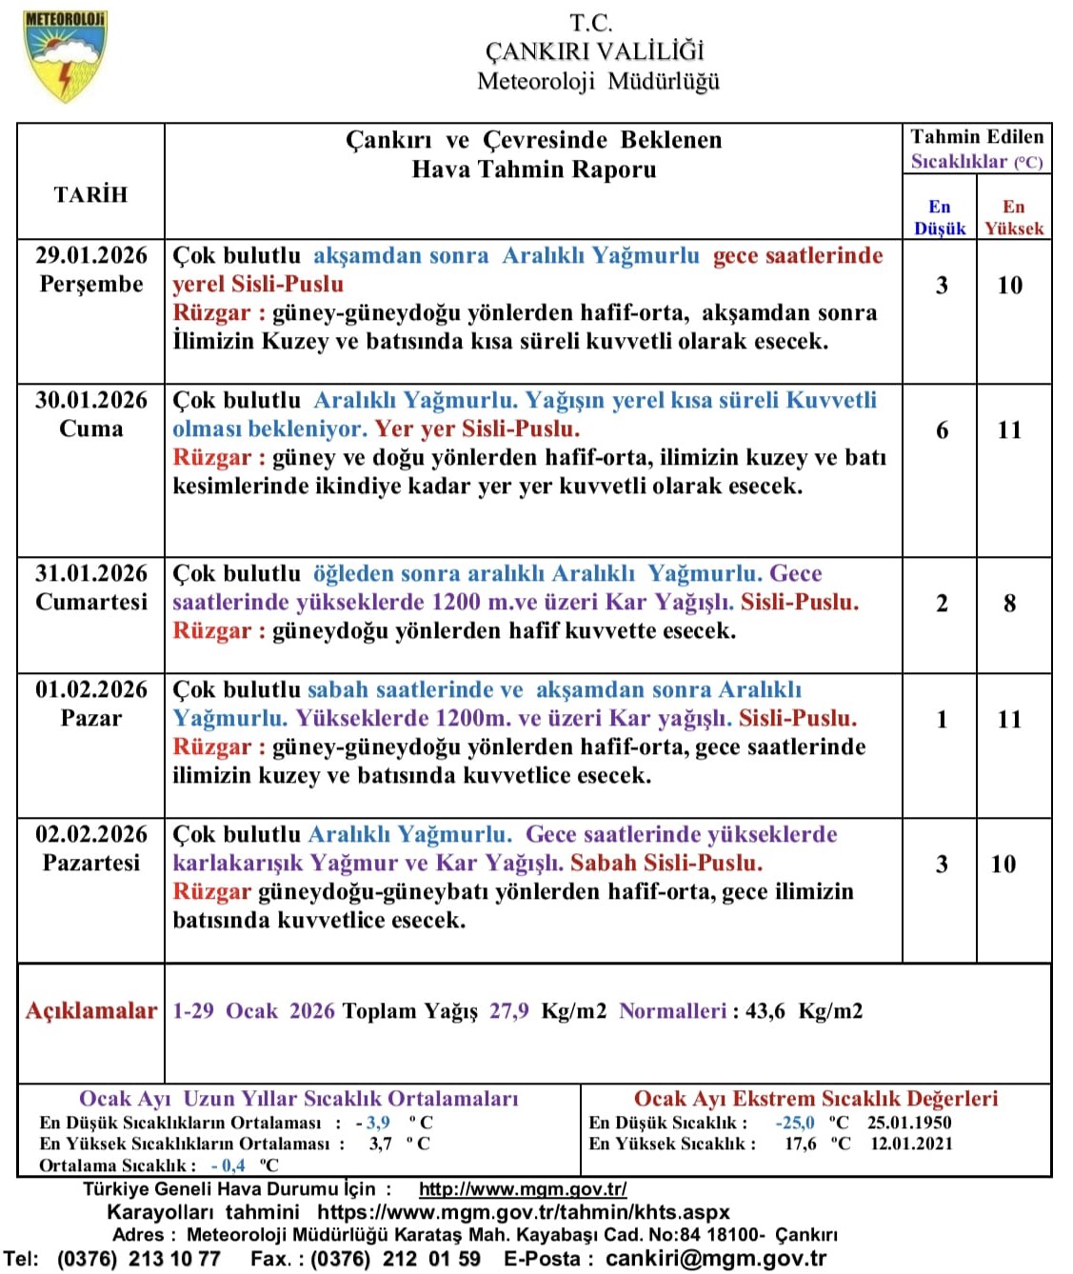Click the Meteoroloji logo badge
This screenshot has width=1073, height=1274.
click(x=64, y=56)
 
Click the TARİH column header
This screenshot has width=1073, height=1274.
click(x=90, y=194)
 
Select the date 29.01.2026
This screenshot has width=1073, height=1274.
click(x=91, y=255)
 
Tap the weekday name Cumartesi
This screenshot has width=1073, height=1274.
click(x=91, y=602)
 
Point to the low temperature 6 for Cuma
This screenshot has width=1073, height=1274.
click(x=942, y=430)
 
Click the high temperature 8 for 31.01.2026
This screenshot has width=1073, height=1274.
click(x=1009, y=604)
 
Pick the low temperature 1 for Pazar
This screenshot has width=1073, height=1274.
click(x=942, y=720)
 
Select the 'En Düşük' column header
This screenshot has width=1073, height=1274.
click(x=940, y=218)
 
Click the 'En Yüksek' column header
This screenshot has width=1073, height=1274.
click(x=1014, y=218)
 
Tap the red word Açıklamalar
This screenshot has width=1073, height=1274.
click(x=91, y=1011)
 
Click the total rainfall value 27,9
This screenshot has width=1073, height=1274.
click(x=508, y=1011)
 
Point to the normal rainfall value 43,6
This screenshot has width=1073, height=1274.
click(x=765, y=1011)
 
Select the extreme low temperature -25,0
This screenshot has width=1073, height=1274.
click(x=795, y=1123)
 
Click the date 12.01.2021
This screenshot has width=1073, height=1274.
click(x=911, y=1144)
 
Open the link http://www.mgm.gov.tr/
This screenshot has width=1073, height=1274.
click(x=523, y=1189)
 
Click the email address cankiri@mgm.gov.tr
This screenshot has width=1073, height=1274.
click(x=716, y=1258)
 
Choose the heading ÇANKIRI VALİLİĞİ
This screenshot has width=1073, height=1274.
click(x=595, y=51)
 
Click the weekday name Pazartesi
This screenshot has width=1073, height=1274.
click(x=91, y=863)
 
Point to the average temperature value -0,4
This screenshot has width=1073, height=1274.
click(x=229, y=1165)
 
